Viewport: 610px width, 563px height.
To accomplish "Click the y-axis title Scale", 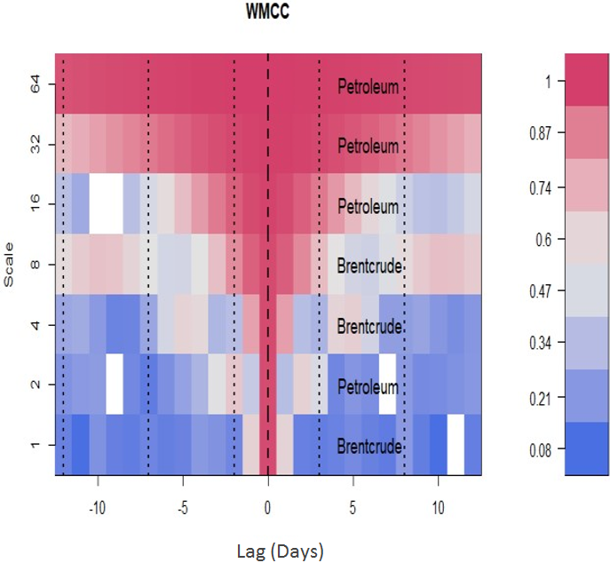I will (x=10, y=266).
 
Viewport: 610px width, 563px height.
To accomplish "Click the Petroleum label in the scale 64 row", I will (x=368, y=87).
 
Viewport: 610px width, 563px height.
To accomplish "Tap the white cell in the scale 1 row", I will (x=456, y=445).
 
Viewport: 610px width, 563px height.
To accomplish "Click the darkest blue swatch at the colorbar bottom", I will (x=586, y=449).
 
